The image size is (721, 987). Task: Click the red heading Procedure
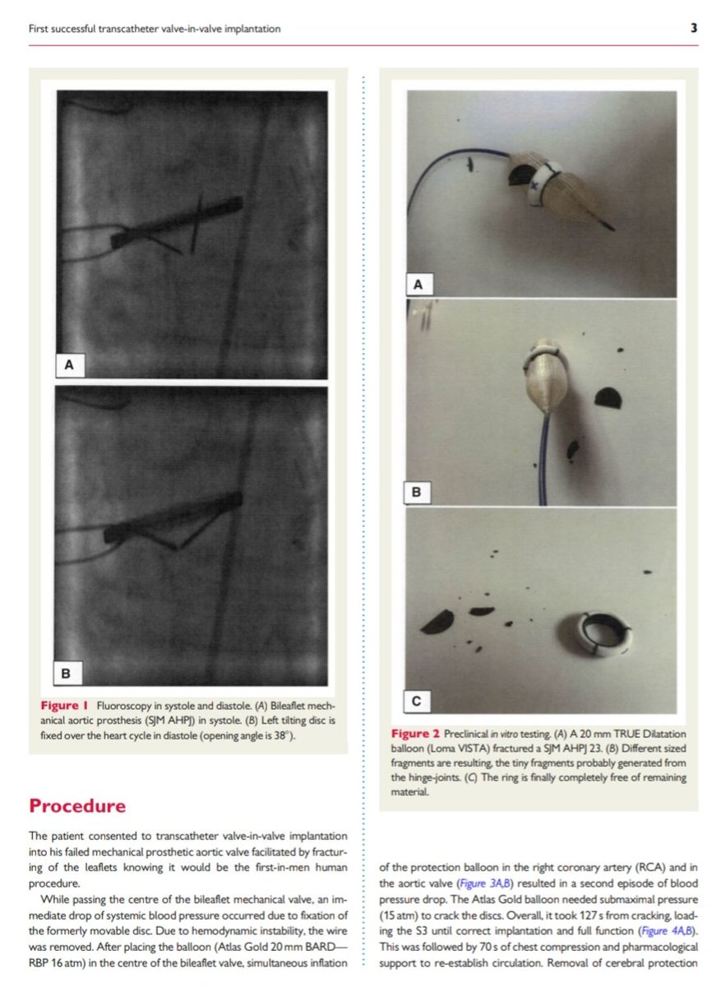click(77, 805)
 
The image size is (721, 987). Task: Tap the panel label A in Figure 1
click(70, 364)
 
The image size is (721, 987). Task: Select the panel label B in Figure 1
click(67, 673)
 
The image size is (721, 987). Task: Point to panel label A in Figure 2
click(418, 285)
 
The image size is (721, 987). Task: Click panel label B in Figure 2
click(416, 493)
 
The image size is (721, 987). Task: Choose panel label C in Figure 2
click(417, 701)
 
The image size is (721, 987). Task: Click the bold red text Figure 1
click(65, 706)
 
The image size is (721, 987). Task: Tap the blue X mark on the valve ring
click(534, 188)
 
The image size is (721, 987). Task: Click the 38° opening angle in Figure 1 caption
click(275, 734)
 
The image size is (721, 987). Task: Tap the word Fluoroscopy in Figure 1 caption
click(124, 706)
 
